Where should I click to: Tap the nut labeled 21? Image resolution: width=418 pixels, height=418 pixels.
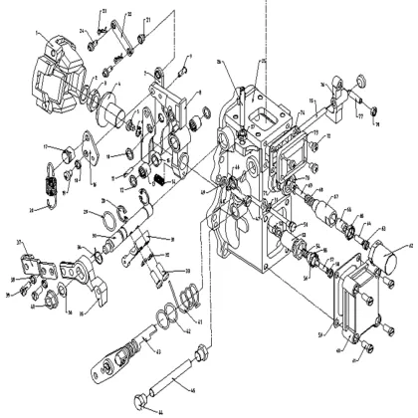click(x=142, y=38)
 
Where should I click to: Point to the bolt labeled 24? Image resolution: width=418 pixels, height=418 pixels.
click(x=91, y=42)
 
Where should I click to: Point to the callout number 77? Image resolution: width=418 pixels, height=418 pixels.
click(x=358, y=115)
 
